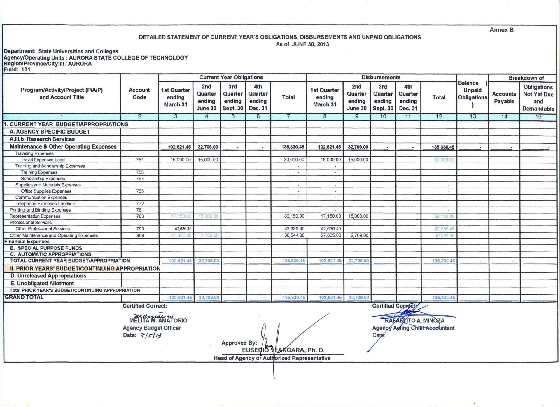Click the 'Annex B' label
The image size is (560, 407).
pos(501,30)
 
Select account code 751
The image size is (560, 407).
pos(140,160)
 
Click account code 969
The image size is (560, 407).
pos(140,235)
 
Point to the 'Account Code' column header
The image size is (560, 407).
pos(139,94)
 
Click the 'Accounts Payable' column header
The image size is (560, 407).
pos(504,98)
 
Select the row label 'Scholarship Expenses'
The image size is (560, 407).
pos(43,179)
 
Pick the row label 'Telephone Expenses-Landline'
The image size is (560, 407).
pos(45,204)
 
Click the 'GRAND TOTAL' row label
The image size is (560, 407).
pos(24,297)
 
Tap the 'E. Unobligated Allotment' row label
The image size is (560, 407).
pos(42,283)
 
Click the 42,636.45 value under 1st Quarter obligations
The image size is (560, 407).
pos(183,229)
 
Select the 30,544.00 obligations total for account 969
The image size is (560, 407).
pos(294,235)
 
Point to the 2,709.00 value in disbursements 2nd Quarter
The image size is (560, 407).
pos(359,235)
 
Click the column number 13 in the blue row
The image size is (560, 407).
pos(473,117)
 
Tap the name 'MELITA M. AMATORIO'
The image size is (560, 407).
pos(158,320)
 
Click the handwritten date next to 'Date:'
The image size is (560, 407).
pos(151,336)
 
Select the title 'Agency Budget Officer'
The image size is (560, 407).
pos(152,328)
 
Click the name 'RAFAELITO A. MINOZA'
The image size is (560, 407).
pos(414,321)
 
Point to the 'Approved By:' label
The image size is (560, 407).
pos(239,343)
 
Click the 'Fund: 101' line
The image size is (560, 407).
pos(17,70)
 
